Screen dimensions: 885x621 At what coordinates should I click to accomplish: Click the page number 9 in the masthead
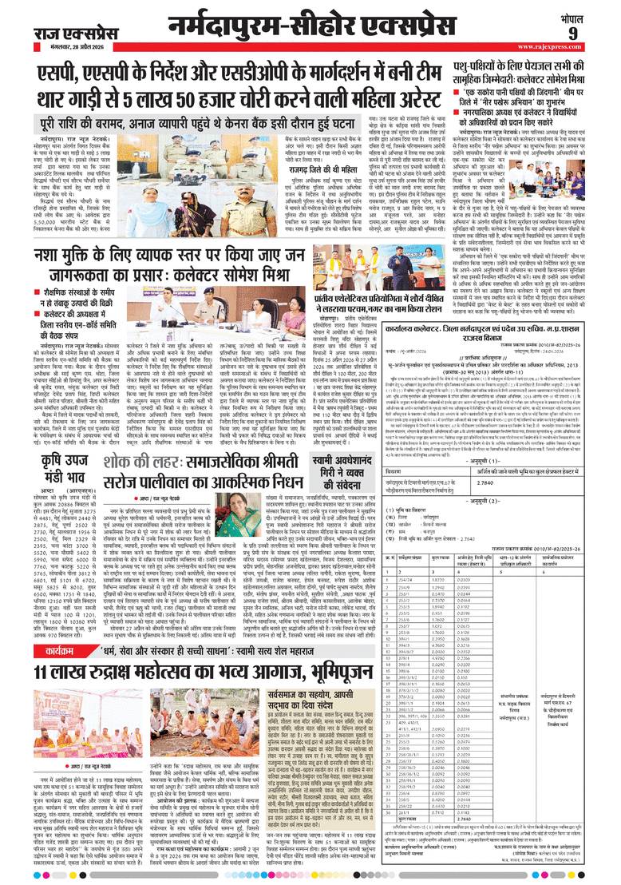point(595,32)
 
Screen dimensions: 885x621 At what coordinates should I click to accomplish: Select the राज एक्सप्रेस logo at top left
point(69,31)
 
